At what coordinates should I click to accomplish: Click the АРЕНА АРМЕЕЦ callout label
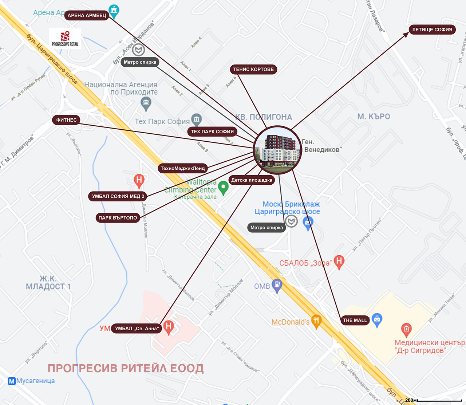pos(87,15)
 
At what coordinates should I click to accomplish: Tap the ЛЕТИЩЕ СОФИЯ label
pos(432,30)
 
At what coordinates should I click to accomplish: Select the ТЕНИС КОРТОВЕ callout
pos(253,69)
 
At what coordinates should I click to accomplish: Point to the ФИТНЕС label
pos(66,120)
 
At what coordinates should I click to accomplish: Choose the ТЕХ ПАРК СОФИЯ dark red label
pos(212,131)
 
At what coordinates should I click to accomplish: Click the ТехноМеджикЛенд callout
pos(183,168)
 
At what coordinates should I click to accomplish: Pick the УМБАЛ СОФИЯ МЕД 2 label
pos(118,196)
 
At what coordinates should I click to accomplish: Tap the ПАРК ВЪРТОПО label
pos(118,218)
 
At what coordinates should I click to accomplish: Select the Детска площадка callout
pos(252,180)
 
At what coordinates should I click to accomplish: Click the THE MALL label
pos(355,321)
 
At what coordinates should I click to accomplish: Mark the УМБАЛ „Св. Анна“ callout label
pos(137,329)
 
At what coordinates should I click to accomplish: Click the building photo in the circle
pos(278,150)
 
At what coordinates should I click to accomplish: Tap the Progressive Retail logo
pos(65,38)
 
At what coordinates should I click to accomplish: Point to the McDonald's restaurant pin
pos(317,321)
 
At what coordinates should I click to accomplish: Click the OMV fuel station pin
pos(277,285)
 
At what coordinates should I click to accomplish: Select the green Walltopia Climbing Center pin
pos(223,188)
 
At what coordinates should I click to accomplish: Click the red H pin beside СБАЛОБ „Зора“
pos(339,262)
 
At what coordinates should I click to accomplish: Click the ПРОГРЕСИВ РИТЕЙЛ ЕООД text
pos(126,368)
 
